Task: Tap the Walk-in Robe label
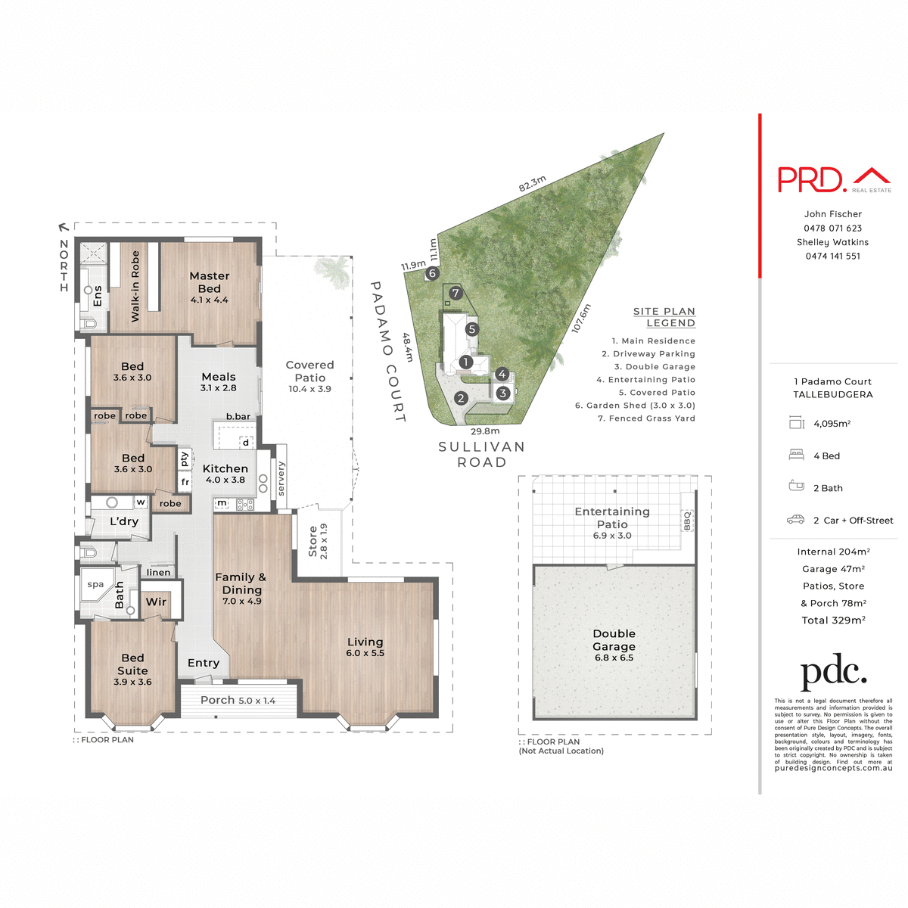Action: click(135, 286)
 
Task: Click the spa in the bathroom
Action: click(95, 585)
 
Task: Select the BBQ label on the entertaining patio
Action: click(688, 521)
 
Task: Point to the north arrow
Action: click(64, 226)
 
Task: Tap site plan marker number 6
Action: click(433, 273)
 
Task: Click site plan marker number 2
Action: click(462, 398)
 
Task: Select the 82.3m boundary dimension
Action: click(532, 184)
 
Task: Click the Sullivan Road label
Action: click(481, 454)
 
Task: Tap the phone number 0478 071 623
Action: click(832, 228)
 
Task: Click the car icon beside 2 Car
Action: click(795, 520)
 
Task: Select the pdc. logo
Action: click(833, 671)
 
